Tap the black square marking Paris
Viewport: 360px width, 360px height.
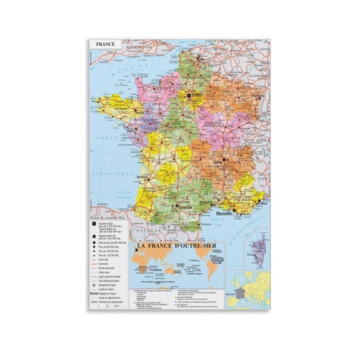[186, 94]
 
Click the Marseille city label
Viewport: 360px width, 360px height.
[224, 213]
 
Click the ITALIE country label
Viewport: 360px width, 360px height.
[265, 177]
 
